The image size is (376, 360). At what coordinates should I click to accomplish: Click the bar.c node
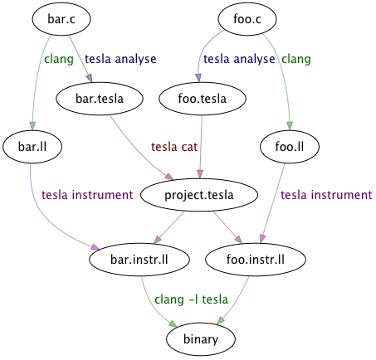(x=61, y=17)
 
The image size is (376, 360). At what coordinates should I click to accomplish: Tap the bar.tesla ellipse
(x=87, y=99)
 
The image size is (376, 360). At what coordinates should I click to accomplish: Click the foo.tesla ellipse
(x=203, y=99)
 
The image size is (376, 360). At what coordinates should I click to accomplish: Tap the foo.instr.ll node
(x=256, y=259)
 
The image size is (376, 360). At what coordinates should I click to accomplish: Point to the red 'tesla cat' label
(x=175, y=147)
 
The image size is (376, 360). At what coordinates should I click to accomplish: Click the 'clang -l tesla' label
(x=191, y=299)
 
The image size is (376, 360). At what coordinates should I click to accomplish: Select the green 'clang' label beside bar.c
(x=59, y=60)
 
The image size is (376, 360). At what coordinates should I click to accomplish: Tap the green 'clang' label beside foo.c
(x=296, y=60)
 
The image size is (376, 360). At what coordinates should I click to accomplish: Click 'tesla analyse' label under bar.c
(x=120, y=60)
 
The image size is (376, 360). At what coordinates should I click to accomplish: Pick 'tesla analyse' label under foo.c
(x=240, y=60)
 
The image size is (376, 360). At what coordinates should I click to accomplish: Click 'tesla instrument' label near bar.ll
(x=87, y=195)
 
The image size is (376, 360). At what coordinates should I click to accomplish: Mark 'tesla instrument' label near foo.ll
(x=326, y=195)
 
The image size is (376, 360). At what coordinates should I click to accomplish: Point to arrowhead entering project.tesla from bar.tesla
(x=169, y=178)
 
